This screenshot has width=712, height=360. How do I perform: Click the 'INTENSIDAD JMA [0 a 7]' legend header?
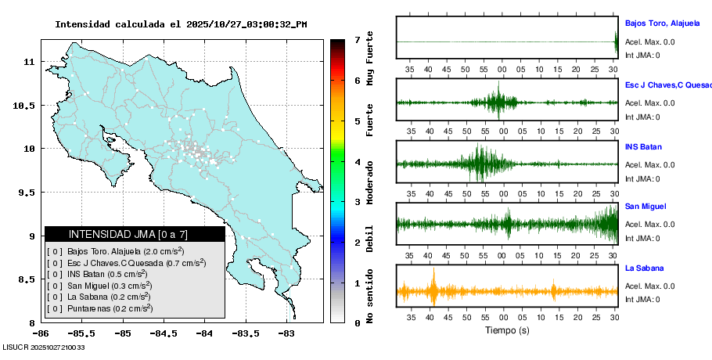click(135, 234)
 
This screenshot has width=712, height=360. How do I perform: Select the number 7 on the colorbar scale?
click(357, 39)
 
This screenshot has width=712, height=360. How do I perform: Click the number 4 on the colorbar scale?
click(357, 162)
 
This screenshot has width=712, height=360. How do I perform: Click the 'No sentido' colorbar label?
click(370, 296)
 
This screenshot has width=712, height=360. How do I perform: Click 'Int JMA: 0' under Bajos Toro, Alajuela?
click(642, 55)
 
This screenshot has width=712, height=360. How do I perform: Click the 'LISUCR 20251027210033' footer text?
click(44, 347)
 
